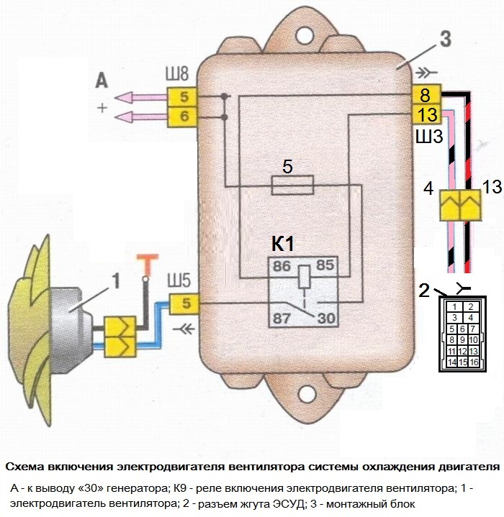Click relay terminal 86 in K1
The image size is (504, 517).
pyautogui.click(x=281, y=265)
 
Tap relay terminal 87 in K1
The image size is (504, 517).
pyautogui.click(x=281, y=316)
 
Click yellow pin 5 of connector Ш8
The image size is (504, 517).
pyautogui.click(x=183, y=96)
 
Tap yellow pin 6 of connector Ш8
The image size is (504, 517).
pyautogui.click(x=183, y=116)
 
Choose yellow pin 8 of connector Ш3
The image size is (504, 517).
pyautogui.click(x=426, y=93)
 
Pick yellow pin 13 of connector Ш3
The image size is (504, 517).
pyautogui.click(x=426, y=113)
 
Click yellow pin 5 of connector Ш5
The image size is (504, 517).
pyautogui.click(x=186, y=303)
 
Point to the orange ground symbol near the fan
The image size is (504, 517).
pyautogui.click(x=147, y=264)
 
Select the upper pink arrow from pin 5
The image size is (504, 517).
pyautogui.click(x=141, y=97)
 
